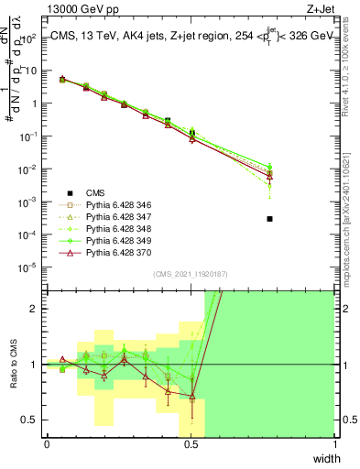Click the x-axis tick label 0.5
(191, 444)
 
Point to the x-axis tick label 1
(335, 444)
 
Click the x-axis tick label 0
(47, 444)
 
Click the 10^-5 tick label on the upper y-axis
(30, 267)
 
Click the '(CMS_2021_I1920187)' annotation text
(191, 273)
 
